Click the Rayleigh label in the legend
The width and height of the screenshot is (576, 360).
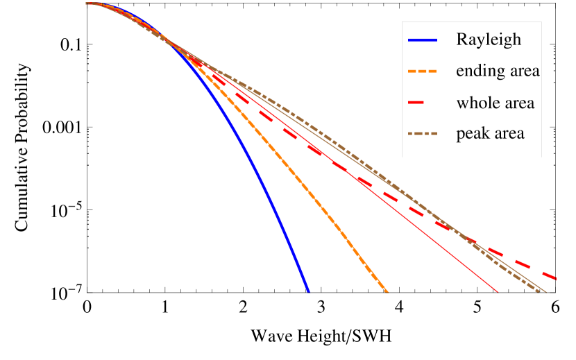pyautogui.click(x=488, y=40)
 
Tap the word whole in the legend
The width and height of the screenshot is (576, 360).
pyautogui.click(x=477, y=103)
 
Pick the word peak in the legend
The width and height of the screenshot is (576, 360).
pyautogui.click(x=471, y=134)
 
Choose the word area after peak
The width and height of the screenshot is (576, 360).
pyautogui.click(x=507, y=134)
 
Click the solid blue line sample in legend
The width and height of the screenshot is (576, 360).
pyautogui.click(x=423, y=40)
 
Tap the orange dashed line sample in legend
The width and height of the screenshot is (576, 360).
pyautogui.click(x=423, y=71)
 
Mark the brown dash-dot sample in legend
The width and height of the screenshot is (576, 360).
pyautogui.click(x=423, y=134)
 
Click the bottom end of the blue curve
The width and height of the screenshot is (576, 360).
pyautogui.click(x=308, y=291)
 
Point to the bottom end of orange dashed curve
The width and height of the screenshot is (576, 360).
pyautogui.click(x=387, y=291)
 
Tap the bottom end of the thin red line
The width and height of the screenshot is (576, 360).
pyautogui.click(x=498, y=291)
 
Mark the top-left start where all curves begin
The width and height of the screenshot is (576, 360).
pyautogui.click(x=88, y=3)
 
